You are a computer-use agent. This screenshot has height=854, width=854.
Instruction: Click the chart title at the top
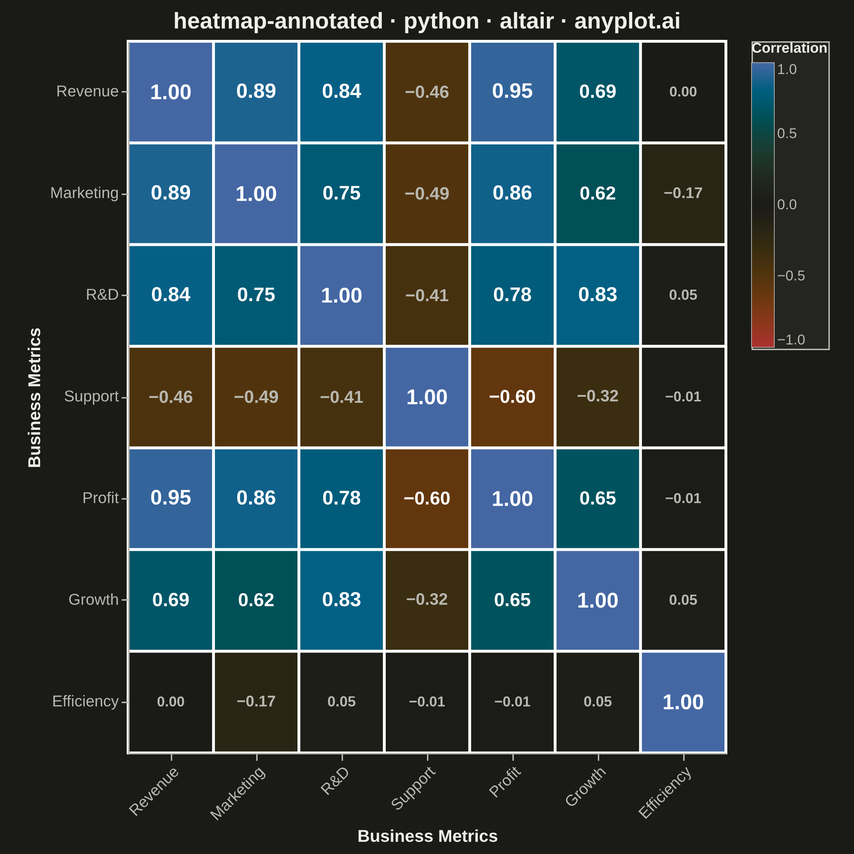(x=427, y=21)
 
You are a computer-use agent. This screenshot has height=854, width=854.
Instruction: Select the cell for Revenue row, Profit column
(x=512, y=92)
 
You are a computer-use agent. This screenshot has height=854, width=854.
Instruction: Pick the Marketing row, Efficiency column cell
(x=683, y=194)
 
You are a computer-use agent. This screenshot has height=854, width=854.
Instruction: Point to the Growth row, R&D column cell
(x=342, y=600)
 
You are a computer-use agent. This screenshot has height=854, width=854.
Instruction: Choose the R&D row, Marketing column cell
(x=256, y=295)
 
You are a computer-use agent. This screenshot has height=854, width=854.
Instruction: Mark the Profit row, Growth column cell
(x=598, y=499)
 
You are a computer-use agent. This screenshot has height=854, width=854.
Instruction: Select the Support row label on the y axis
(x=91, y=396)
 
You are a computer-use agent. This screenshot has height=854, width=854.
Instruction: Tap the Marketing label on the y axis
(x=84, y=193)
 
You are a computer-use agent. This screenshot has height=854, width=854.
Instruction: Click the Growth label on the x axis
(x=585, y=786)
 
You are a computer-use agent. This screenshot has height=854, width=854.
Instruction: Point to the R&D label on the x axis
(x=335, y=781)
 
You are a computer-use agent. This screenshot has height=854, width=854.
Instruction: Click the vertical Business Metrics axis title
(x=35, y=397)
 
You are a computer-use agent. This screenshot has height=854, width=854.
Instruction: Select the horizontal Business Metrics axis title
(x=427, y=836)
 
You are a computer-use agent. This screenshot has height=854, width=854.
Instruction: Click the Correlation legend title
(x=790, y=48)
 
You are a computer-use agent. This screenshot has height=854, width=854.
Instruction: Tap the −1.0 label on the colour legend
(x=791, y=340)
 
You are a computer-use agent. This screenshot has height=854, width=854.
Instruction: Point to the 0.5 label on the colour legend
(x=787, y=133)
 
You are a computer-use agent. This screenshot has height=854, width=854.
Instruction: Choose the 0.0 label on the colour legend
(x=787, y=205)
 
